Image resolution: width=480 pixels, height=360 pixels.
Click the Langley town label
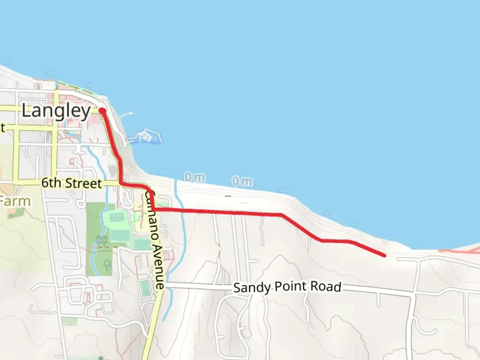tap(56, 111)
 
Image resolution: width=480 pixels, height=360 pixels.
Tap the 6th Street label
tap(71, 183)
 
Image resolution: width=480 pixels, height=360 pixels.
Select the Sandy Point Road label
tap(287, 287)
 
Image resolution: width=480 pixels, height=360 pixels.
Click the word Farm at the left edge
tap(15, 201)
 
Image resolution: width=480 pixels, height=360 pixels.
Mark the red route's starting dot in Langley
tap(102, 111)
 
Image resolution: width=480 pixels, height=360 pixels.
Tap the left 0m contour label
tap(195, 177)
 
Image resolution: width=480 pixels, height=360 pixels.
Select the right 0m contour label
tap(242, 181)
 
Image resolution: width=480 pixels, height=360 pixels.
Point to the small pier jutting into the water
tap(126, 115)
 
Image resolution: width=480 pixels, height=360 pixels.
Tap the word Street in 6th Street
tap(83, 183)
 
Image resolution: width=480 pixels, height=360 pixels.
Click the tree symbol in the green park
tap(107, 264)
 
